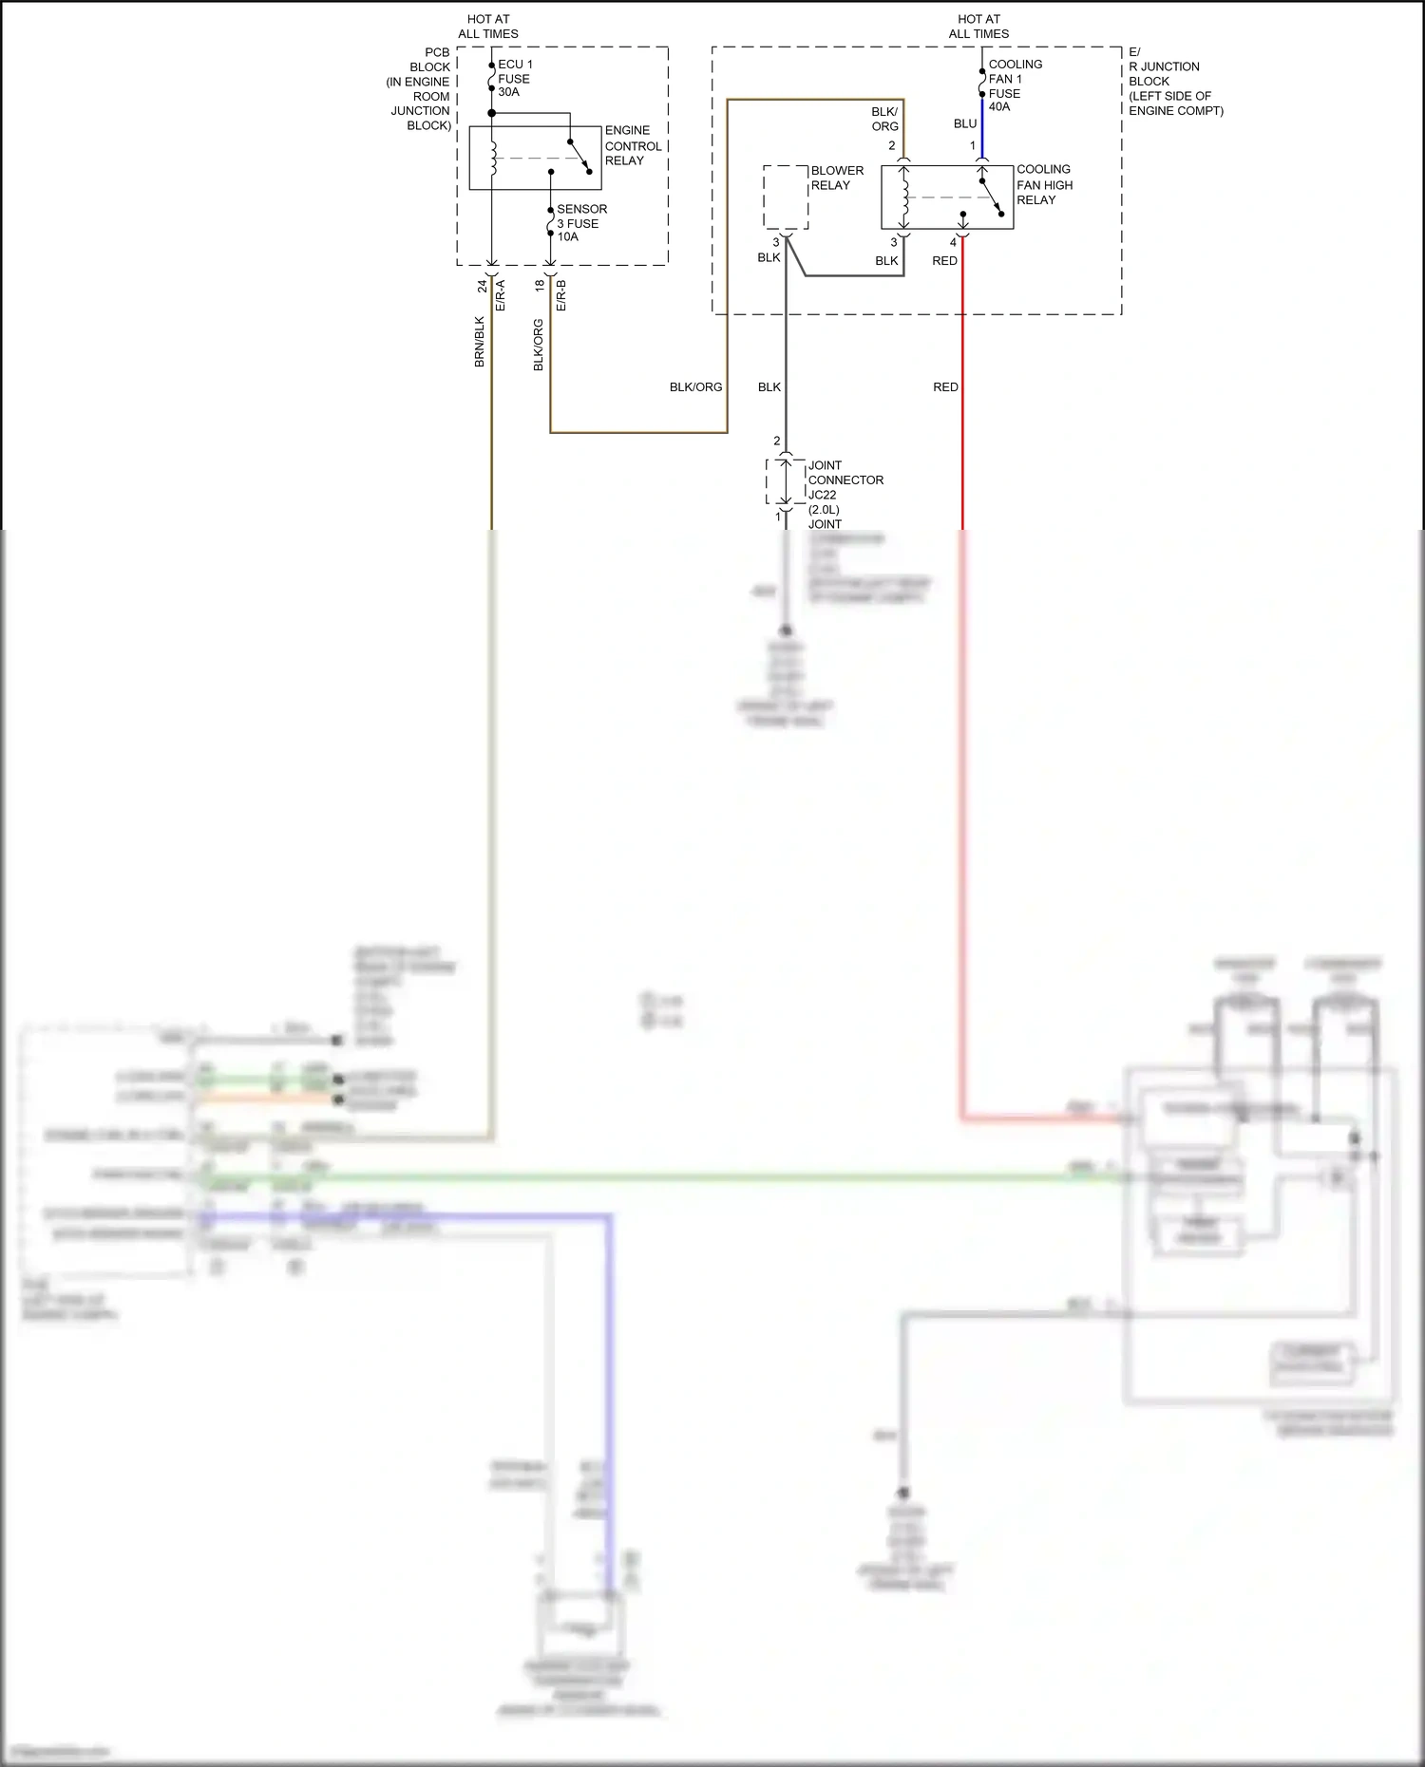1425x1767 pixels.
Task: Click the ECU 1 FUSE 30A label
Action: click(x=515, y=78)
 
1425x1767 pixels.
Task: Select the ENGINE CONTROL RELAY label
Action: click(x=632, y=145)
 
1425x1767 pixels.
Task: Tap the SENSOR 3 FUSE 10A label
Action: click(x=580, y=223)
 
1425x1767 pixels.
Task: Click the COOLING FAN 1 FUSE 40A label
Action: click(x=1014, y=85)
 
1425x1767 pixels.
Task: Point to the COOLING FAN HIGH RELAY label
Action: click(x=1043, y=184)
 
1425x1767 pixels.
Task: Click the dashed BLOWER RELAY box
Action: click(x=786, y=197)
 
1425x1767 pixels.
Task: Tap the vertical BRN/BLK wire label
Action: click(x=480, y=342)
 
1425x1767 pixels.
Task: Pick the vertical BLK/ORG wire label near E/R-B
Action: click(x=539, y=345)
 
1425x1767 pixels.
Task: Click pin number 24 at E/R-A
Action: click(x=483, y=285)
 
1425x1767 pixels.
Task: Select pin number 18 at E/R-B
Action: click(x=540, y=285)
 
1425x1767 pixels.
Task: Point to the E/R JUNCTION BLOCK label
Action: click(x=1174, y=82)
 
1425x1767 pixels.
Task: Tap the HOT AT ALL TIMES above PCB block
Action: click(x=488, y=27)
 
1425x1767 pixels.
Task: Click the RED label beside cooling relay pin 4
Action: click(x=944, y=261)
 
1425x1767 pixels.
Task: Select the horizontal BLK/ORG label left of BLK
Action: click(x=695, y=387)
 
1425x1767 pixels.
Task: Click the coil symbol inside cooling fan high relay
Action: click(x=904, y=197)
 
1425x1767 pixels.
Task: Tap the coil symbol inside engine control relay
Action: click(x=493, y=159)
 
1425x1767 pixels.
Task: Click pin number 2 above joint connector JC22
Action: click(x=776, y=441)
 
